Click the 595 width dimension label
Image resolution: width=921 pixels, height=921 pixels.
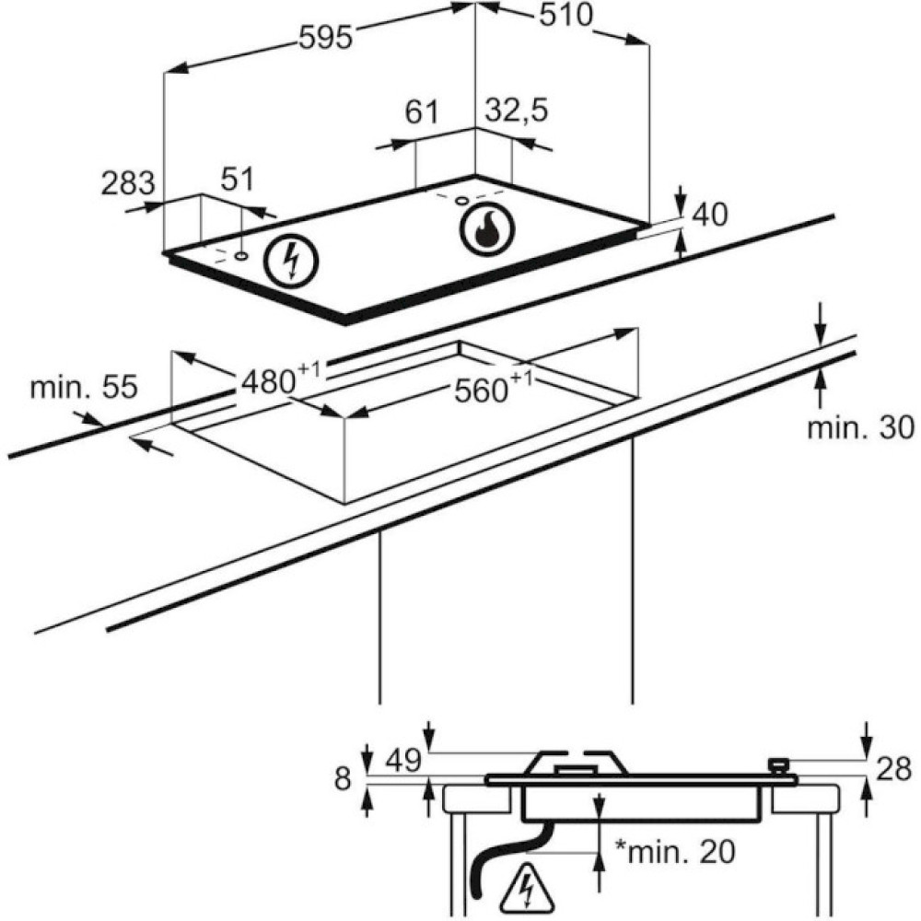(325, 38)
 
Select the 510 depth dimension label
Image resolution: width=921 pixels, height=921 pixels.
(566, 16)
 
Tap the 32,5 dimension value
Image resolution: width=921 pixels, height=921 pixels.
(517, 111)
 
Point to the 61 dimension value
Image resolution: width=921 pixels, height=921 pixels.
(422, 111)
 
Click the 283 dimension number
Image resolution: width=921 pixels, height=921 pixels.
(128, 183)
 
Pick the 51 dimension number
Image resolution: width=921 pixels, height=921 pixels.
(238, 180)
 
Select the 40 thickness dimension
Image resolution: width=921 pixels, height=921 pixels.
(710, 215)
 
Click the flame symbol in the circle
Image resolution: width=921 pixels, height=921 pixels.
(486, 228)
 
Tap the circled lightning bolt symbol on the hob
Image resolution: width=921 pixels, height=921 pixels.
(291, 261)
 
